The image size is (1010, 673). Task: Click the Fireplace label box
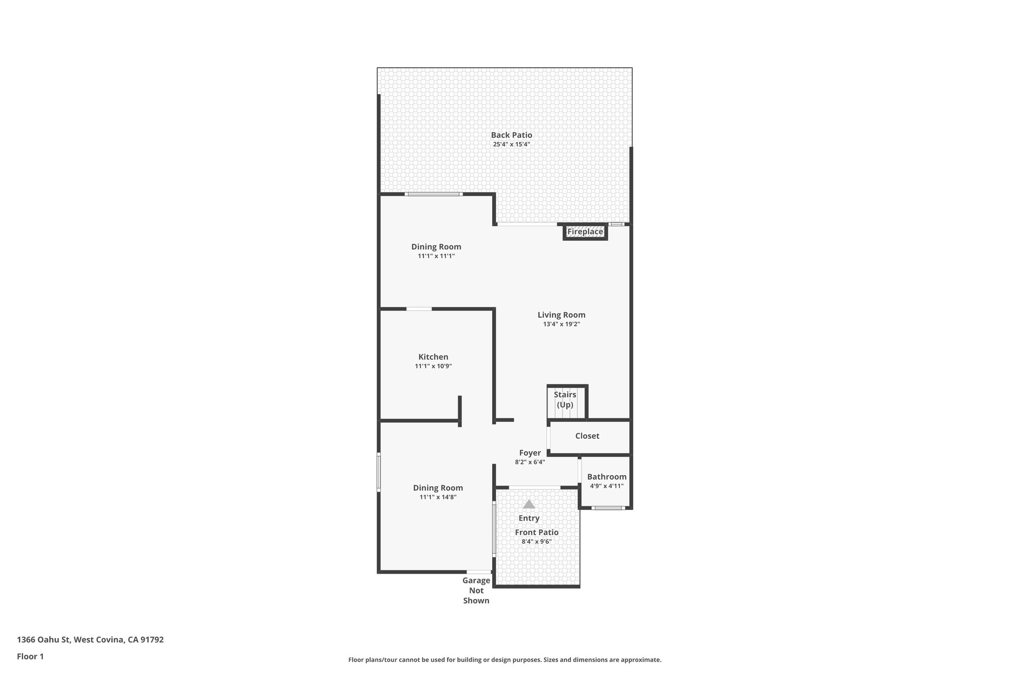point(585,232)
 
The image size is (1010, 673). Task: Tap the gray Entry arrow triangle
point(529,504)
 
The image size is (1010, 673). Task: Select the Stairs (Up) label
point(565,399)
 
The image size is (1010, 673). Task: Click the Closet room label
point(587,436)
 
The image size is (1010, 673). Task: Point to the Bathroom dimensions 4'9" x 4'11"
point(607,486)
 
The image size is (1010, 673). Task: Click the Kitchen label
point(433,357)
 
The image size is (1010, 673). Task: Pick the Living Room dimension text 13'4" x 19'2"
point(561,324)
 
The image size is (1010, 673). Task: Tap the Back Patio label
point(511,135)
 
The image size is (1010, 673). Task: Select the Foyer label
point(530,453)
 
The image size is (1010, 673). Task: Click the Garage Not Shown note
point(476,590)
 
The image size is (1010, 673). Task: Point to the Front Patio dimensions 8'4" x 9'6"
point(536,541)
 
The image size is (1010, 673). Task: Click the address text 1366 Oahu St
point(90,639)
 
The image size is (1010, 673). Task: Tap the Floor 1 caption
point(30,656)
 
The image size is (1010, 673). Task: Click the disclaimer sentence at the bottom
point(505,660)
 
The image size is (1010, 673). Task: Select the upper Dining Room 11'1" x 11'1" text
point(436,256)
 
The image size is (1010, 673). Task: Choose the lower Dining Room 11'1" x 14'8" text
point(438,497)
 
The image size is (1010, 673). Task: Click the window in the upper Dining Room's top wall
point(433,194)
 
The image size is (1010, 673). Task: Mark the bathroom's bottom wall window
point(608,508)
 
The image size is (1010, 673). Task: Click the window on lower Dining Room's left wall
point(379,472)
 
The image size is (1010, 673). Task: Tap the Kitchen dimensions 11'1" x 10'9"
point(433,366)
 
